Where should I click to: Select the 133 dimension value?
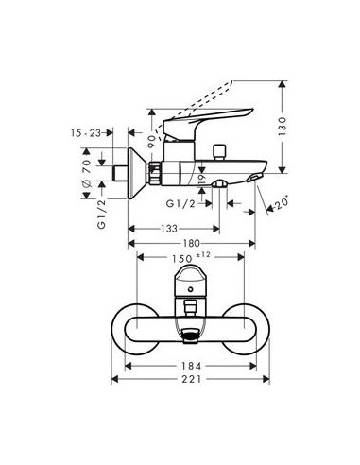pos(170,229)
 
